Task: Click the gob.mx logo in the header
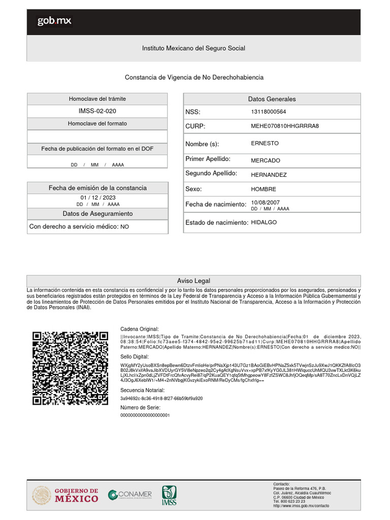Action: [54, 21]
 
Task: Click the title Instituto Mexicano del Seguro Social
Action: [193, 48]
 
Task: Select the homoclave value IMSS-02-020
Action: [97, 111]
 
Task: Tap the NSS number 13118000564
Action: [269, 112]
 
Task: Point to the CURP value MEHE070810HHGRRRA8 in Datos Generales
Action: [284, 126]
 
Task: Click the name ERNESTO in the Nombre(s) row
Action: [265, 143]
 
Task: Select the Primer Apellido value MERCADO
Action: [265, 160]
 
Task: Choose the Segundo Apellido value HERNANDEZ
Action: [269, 175]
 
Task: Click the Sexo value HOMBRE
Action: [264, 189]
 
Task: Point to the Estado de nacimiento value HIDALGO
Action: [264, 222]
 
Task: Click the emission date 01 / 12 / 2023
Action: [98, 198]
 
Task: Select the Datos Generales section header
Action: [272, 99]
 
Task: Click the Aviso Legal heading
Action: [193, 281]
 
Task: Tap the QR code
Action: [70, 368]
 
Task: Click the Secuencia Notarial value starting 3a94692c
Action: [161, 399]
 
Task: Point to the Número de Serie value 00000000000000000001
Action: [145, 415]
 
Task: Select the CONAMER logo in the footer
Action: [130, 495]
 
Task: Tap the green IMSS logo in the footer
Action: [170, 495]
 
